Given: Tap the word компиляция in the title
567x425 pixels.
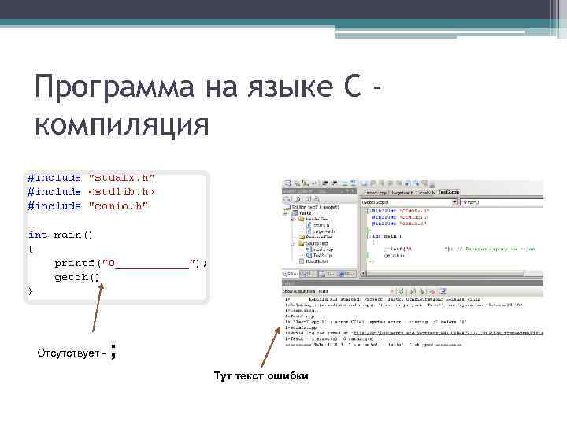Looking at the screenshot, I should coord(121,124).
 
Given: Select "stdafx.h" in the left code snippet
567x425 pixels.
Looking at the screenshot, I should coord(121,178).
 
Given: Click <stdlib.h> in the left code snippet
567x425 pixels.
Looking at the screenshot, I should coord(121,191).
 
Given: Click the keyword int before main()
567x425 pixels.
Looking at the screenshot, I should coord(37,235).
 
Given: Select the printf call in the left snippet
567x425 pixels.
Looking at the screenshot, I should coord(130,263).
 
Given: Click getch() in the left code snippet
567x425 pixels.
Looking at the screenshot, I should coord(77,277).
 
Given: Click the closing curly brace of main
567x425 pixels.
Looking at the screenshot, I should coord(31,291).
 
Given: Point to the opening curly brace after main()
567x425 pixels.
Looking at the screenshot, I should coord(31,249).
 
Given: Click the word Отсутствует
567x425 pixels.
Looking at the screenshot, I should coord(69,353).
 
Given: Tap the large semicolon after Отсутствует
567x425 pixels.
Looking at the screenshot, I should coord(116,351).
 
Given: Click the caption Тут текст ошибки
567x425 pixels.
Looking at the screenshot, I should coord(261,376).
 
